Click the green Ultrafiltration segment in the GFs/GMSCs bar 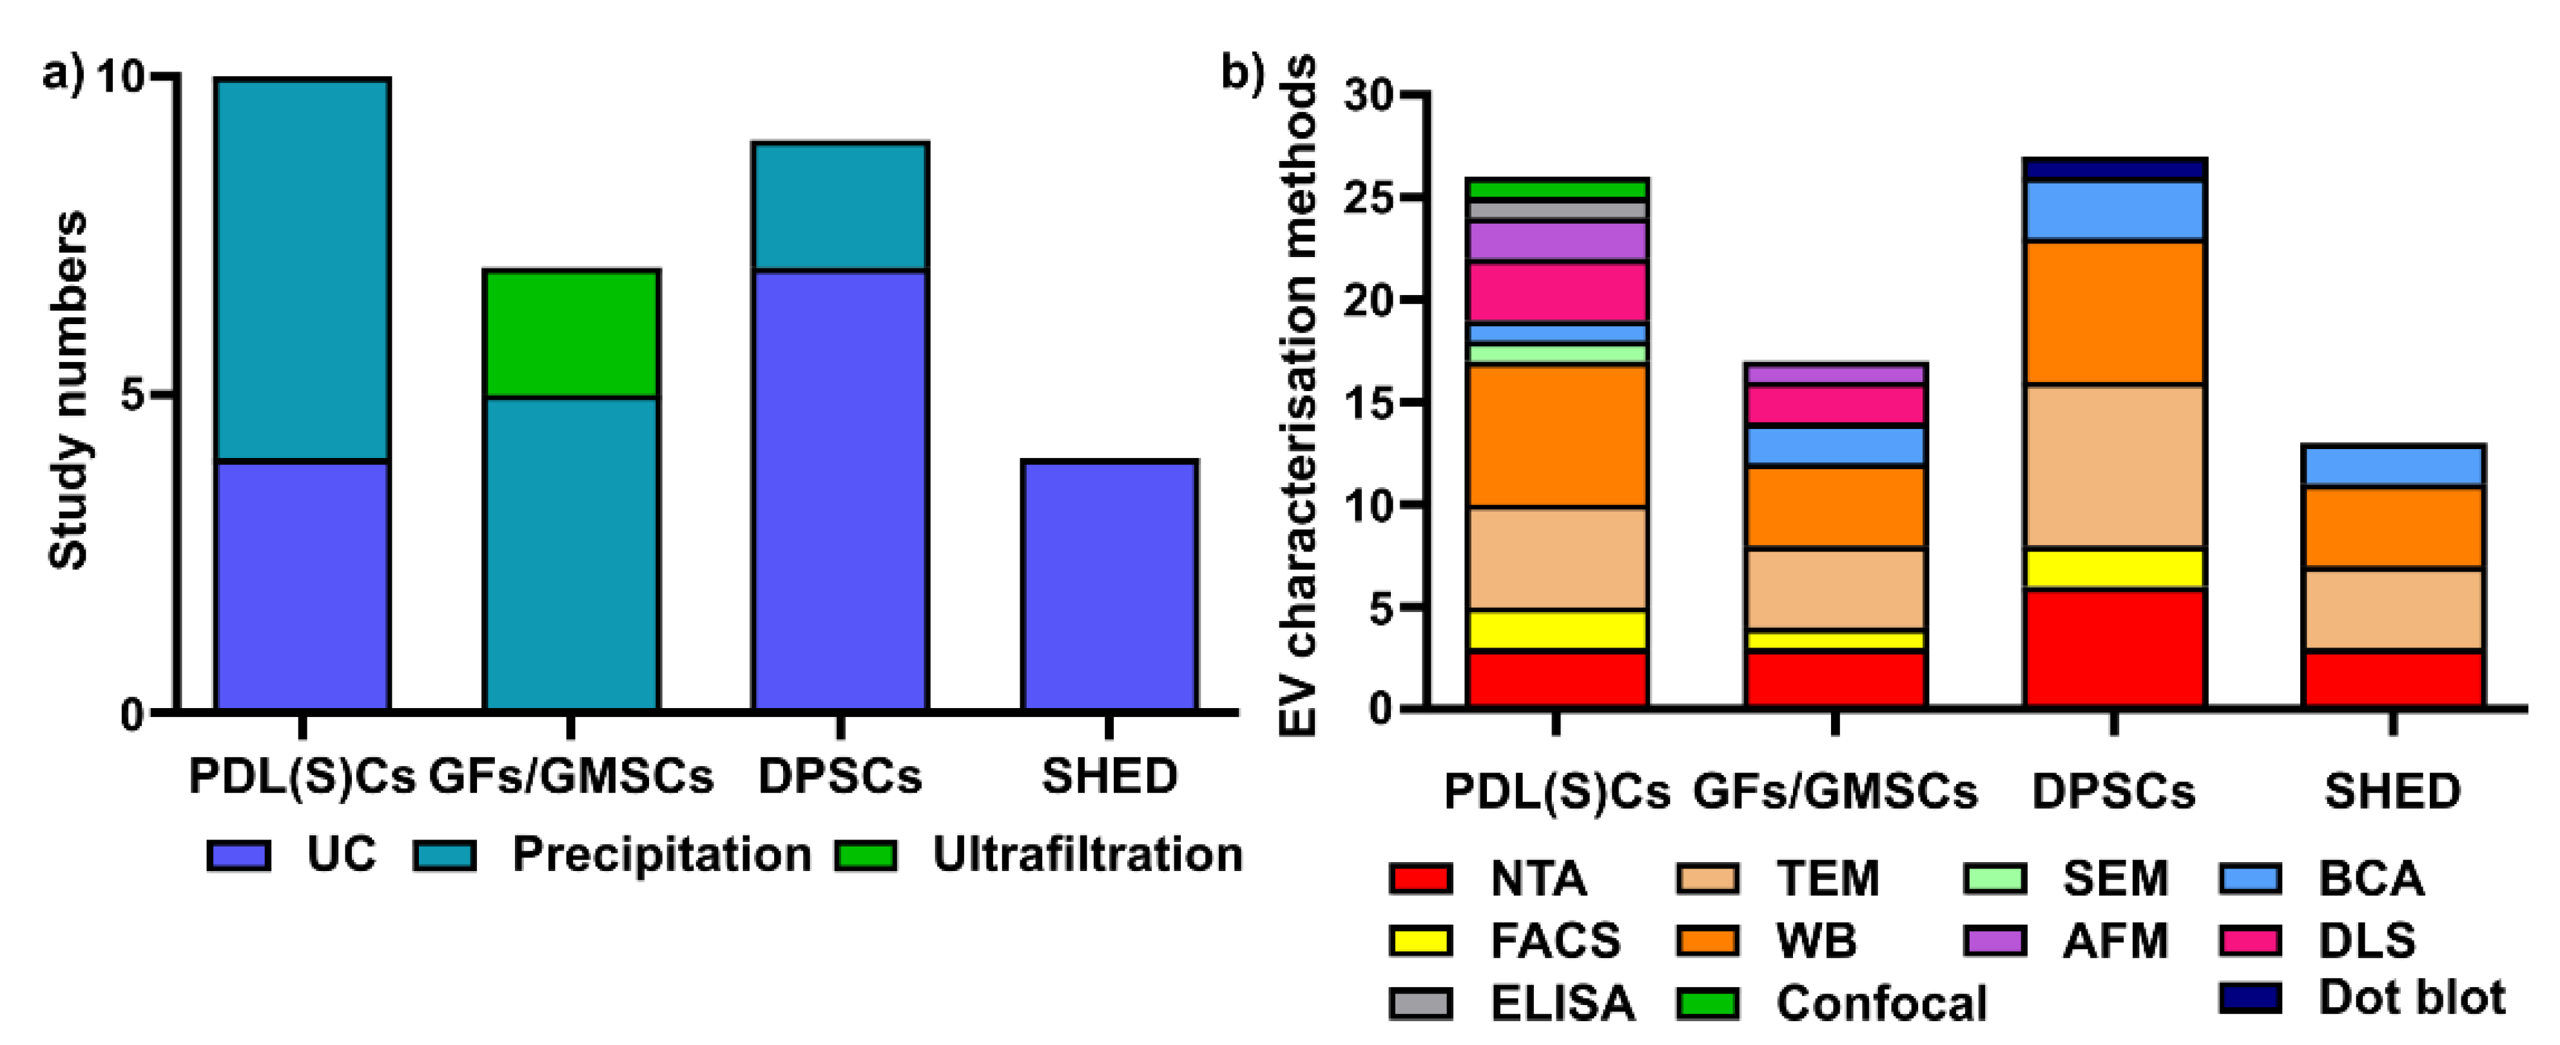(572, 334)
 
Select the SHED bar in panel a (1109, 586)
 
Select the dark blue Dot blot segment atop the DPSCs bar (2114, 169)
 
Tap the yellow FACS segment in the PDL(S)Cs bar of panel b (1557, 630)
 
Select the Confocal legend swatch (1707, 1003)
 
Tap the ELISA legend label (1562, 1003)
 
